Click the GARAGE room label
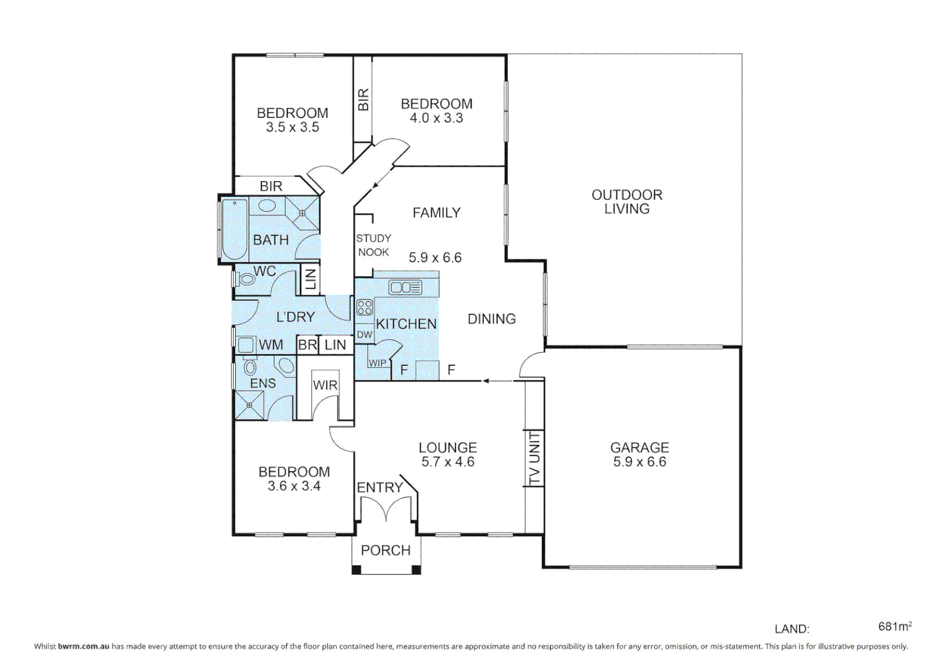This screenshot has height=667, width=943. [x=639, y=447]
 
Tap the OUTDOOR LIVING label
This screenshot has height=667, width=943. [x=627, y=202]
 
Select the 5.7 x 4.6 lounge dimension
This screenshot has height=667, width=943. [x=447, y=462]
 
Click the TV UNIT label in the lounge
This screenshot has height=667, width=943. [x=534, y=458]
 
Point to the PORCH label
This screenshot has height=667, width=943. [x=386, y=550]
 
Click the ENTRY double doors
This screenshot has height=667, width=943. [x=386, y=510]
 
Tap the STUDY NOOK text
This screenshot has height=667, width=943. [x=373, y=245]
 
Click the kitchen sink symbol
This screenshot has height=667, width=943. [x=405, y=287]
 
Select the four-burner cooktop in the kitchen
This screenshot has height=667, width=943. [x=365, y=308]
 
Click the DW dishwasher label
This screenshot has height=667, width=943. [x=365, y=335]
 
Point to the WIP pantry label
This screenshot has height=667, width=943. [x=377, y=363]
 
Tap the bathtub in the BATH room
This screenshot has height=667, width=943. [x=235, y=229]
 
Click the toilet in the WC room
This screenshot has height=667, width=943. [x=246, y=279]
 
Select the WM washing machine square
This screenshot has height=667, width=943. [x=247, y=345]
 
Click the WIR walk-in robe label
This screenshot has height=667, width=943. [x=325, y=385]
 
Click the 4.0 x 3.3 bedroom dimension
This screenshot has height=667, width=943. [x=436, y=118]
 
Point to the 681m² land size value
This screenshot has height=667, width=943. [x=895, y=626]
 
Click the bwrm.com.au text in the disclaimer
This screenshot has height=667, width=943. [x=83, y=647]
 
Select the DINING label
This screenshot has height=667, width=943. [x=491, y=319]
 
